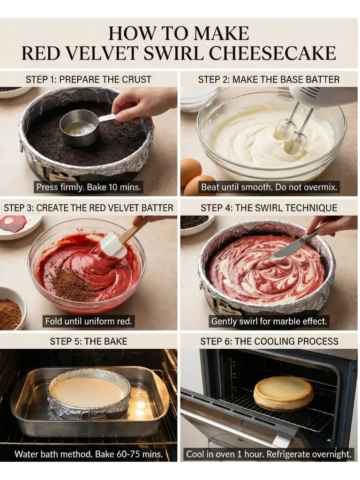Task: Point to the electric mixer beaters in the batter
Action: point(291,131)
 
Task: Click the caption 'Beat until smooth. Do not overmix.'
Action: point(270,187)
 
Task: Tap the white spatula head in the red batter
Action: point(113,245)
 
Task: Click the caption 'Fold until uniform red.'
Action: point(88,322)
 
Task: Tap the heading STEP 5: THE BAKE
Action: point(88,341)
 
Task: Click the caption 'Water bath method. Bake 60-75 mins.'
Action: point(89,454)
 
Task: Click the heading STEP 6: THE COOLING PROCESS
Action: point(269,341)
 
